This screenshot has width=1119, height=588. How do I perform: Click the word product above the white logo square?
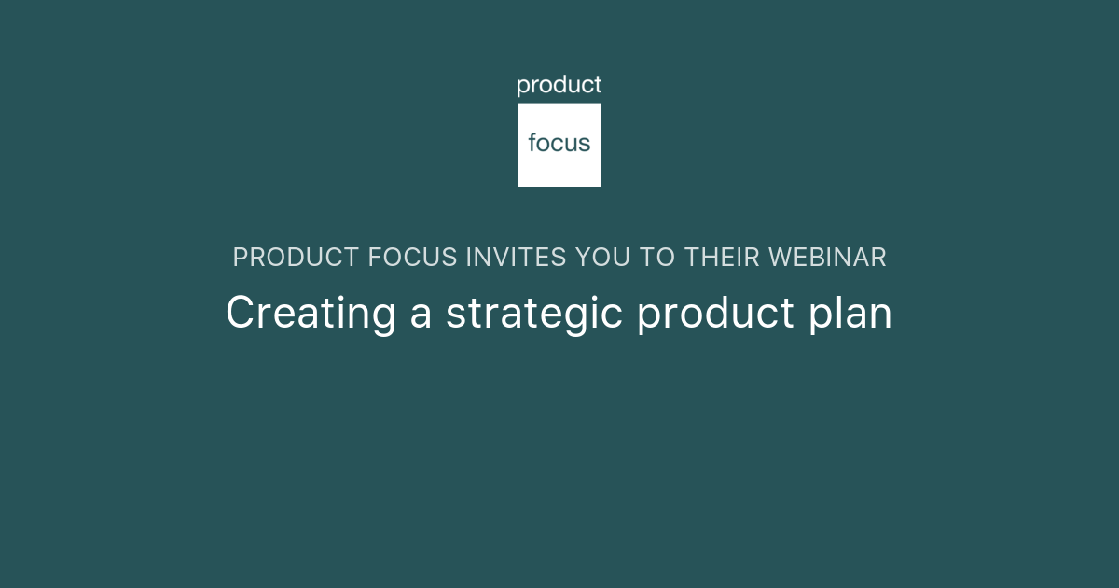pyautogui.click(x=559, y=86)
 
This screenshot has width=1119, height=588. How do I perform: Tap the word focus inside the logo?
pyautogui.click(x=559, y=144)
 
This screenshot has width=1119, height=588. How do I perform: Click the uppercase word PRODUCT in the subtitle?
pyautogui.click(x=297, y=258)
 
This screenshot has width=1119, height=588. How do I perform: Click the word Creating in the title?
pyautogui.click(x=311, y=314)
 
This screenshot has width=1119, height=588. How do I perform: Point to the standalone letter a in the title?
pyautogui.click(x=421, y=315)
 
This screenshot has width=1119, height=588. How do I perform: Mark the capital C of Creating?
pyautogui.click(x=240, y=313)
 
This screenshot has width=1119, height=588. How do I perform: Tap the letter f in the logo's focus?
pyautogui.click(x=532, y=143)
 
